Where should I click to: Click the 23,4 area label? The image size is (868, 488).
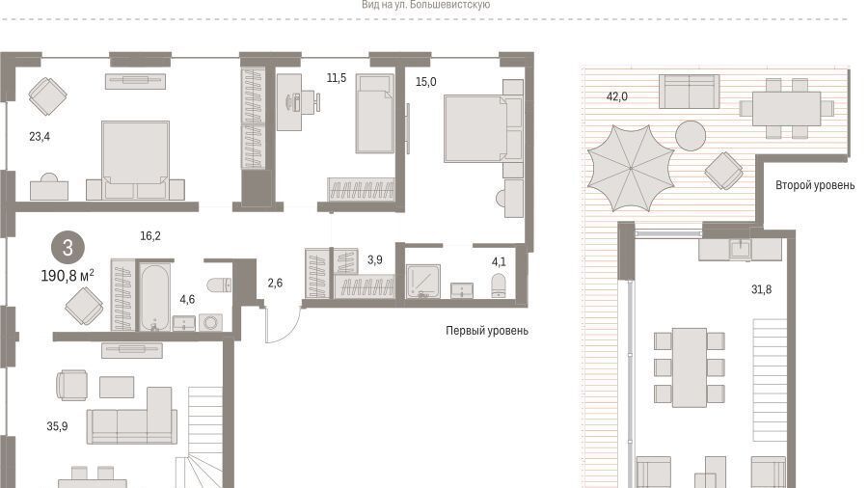40,136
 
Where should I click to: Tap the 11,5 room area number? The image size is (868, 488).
336,78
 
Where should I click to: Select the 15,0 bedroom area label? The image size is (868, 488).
425,82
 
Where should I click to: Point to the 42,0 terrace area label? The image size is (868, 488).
616,96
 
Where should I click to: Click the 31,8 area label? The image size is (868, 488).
761,289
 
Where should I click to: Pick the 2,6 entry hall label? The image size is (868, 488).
275,284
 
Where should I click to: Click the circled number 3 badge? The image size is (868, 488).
68,247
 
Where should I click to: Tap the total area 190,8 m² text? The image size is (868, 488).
68,275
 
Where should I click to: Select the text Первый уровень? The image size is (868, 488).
487,331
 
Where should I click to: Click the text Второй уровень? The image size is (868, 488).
815,185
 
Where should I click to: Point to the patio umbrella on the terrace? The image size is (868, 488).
631,168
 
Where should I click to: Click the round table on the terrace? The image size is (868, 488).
691,136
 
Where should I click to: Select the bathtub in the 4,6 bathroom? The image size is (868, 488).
153,297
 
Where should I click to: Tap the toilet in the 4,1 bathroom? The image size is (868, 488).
499,285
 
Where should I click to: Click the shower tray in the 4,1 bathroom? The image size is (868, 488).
423,282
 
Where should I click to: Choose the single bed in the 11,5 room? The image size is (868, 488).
375,114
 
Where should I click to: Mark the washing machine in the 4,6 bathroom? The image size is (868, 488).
210,322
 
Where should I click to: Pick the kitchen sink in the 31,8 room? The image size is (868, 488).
740,249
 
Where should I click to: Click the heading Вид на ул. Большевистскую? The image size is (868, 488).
425,5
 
